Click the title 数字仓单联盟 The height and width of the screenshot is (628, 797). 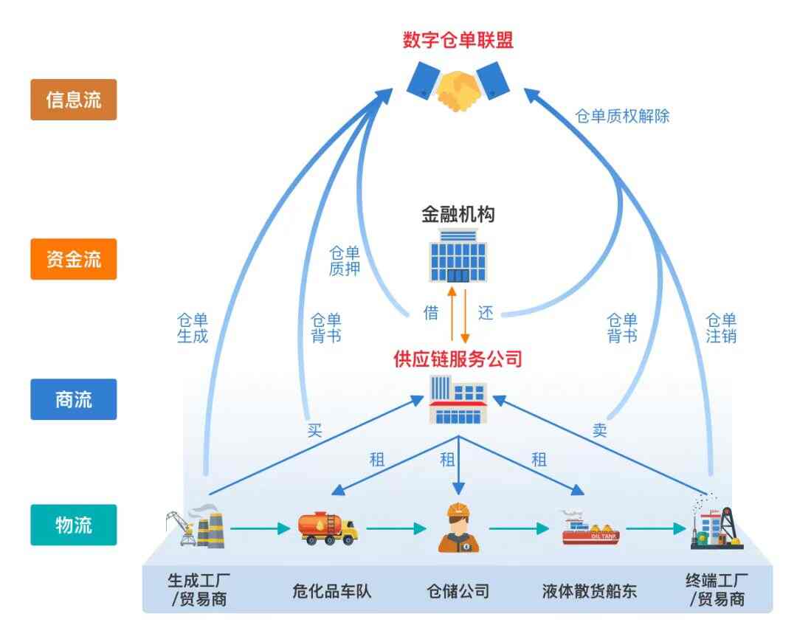point(458,40)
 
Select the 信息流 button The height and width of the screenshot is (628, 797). point(74,100)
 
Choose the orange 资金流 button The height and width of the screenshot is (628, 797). point(74,259)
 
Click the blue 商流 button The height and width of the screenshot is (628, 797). point(74,399)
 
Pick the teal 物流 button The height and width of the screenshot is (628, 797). point(74,525)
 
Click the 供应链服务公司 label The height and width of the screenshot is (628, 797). point(458,359)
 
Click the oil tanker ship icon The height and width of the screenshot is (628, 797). point(590,528)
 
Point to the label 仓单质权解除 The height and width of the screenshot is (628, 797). point(622,116)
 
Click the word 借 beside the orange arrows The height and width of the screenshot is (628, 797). point(431,312)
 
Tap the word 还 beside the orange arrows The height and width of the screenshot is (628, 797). point(485,312)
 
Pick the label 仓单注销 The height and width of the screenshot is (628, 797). point(721,328)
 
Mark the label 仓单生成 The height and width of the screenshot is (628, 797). point(193,328)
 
